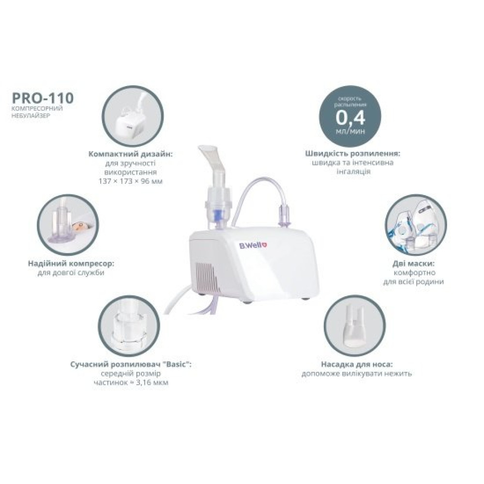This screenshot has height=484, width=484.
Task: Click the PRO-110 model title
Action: click(43, 98)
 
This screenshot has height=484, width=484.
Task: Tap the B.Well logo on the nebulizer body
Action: click(253, 245)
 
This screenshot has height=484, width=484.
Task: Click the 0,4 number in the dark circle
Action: click(350, 117)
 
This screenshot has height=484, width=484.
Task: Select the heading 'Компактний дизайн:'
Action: click(131, 154)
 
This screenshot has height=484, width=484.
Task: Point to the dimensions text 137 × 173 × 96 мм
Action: click(131, 181)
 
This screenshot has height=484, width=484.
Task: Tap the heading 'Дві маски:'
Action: click(414, 264)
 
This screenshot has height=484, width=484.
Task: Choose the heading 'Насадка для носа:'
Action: click(357, 364)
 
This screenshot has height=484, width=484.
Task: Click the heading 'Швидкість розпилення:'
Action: click(355, 153)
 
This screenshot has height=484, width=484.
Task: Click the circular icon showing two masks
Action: click(416, 225)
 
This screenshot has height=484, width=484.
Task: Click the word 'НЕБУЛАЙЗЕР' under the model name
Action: click(30, 116)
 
